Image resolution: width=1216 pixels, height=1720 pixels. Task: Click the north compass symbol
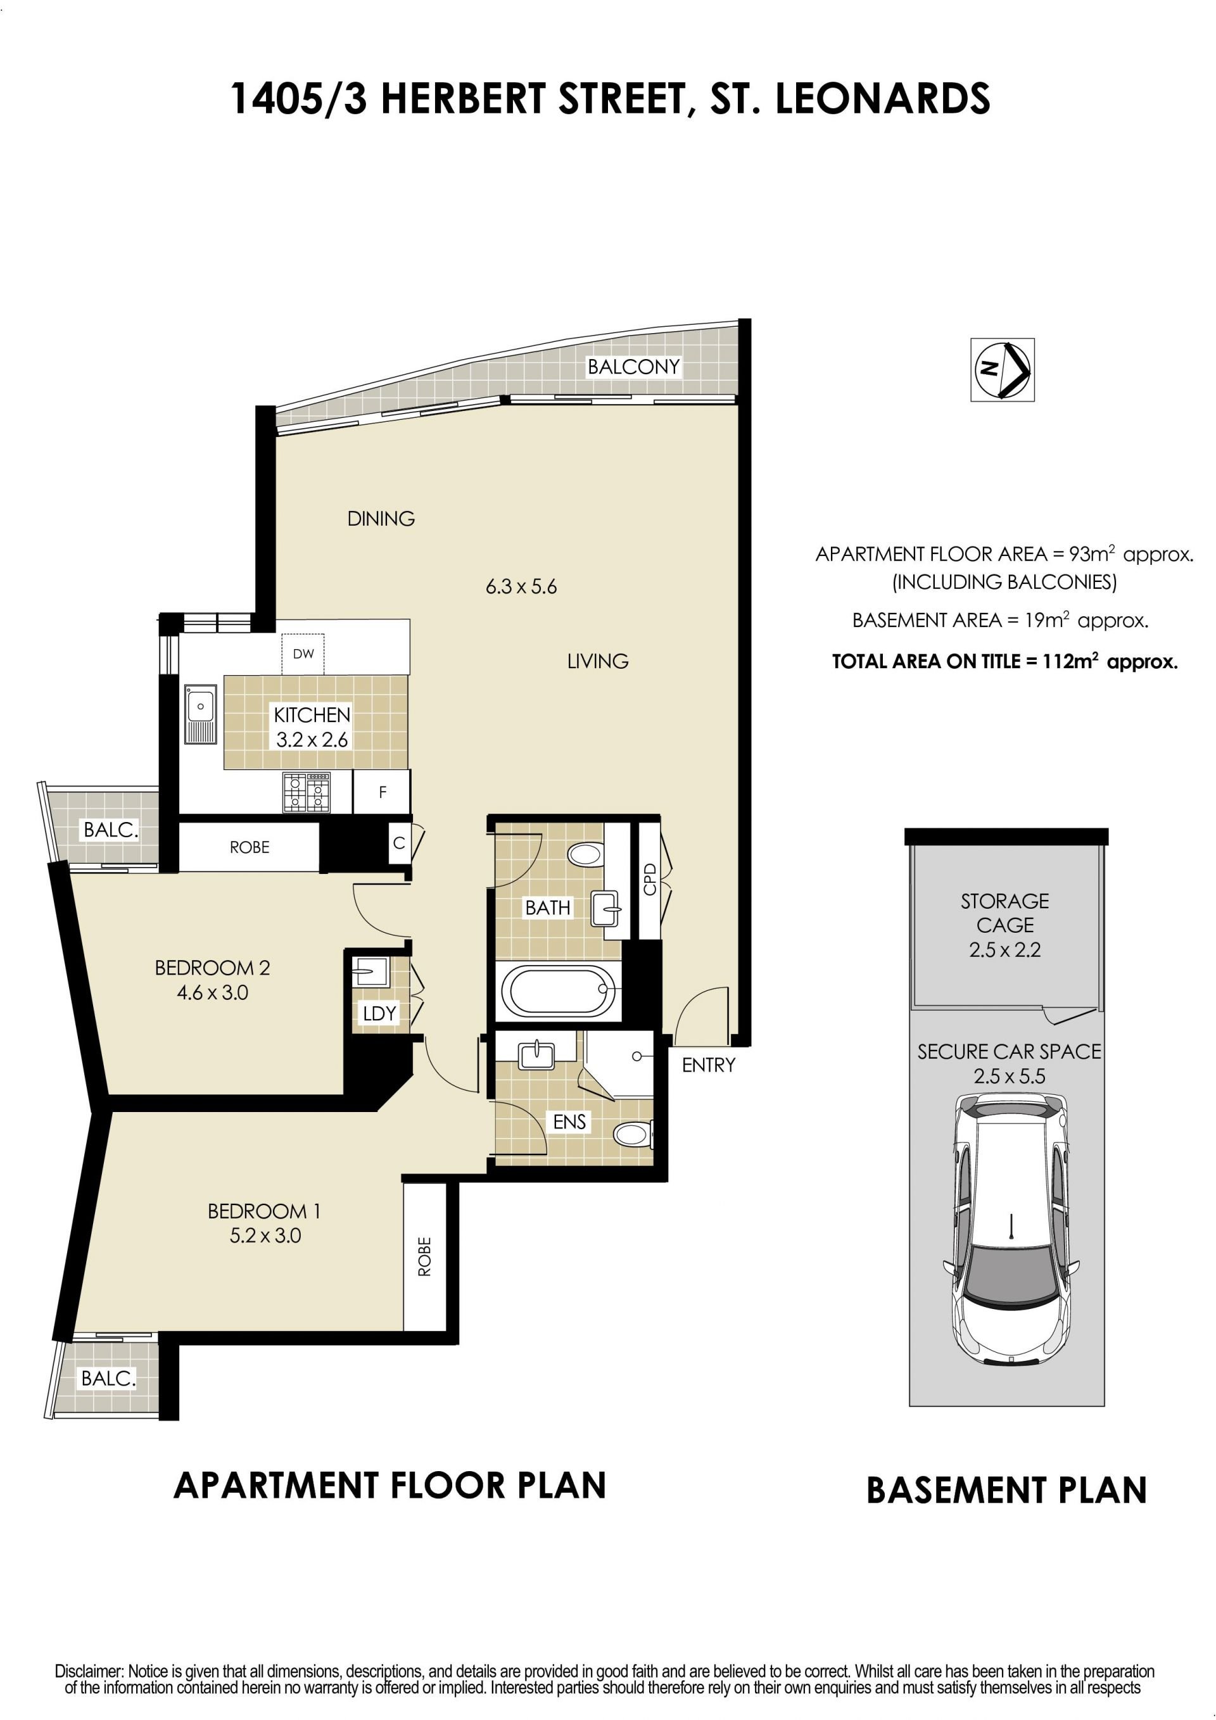[x=1003, y=369]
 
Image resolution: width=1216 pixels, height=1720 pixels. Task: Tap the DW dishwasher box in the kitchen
[x=303, y=654]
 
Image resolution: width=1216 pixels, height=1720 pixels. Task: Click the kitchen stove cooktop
[x=307, y=792]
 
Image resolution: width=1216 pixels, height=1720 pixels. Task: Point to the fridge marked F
[x=382, y=792]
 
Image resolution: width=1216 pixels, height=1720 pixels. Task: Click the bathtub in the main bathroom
[x=559, y=991]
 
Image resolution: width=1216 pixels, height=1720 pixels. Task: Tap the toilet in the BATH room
[x=585, y=854]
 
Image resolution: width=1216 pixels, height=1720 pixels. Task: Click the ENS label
[x=569, y=1122]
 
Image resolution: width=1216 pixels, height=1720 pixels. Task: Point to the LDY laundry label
[x=379, y=1013]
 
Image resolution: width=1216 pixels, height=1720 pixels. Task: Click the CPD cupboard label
[x=650, y=879]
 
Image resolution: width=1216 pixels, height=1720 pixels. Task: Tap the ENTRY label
[x=709, y=1065]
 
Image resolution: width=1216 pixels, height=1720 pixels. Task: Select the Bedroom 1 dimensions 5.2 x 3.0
[x=265, y=1236]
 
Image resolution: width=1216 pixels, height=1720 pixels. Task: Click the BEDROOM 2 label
[x=212, y=968]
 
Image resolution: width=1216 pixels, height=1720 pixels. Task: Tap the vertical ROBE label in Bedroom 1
[x=425, y=1256]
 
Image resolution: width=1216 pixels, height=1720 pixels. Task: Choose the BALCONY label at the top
[x=633, y=366]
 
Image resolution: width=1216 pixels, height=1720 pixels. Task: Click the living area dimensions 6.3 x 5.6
[x=521, y=586]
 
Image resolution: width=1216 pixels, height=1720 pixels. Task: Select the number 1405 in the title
[x=275, y=99]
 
